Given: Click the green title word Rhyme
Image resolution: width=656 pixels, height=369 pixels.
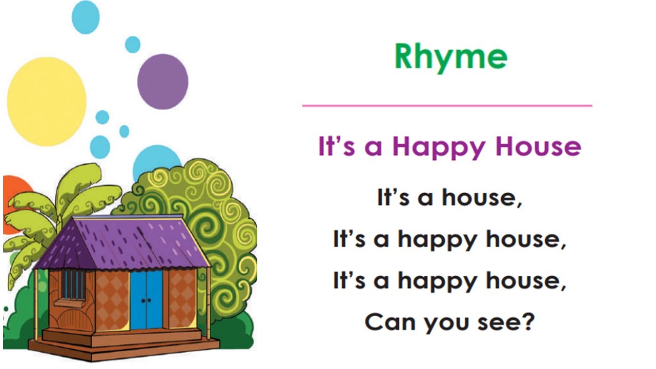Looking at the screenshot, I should [451, 57].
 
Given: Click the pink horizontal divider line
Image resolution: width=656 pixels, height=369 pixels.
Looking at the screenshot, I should [447, 106].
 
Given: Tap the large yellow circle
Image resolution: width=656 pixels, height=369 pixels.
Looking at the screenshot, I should [46, 94].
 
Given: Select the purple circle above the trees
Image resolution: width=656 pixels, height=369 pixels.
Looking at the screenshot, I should [162, 81].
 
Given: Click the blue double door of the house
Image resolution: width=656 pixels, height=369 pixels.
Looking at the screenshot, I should [146, 299].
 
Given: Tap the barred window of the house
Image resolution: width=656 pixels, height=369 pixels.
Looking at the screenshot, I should [73, 285].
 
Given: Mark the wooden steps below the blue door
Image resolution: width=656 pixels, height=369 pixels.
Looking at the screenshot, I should [123, 341].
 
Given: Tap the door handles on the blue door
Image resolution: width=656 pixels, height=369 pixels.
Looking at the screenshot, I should [146, 301].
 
